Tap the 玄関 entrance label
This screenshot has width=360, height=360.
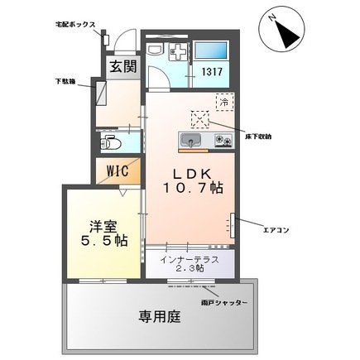pos(117,67)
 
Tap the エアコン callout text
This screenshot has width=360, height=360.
pos(275,231)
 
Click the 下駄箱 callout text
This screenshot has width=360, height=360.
pos(67,83)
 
